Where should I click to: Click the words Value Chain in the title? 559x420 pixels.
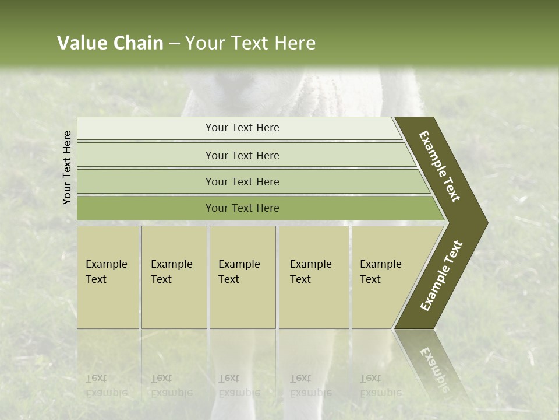click(110, 43)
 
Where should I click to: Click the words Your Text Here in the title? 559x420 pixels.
click(250, 43)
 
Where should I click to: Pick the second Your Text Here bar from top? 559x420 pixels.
click(242, 155)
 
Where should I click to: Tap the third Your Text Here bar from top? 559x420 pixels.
click(242, 181)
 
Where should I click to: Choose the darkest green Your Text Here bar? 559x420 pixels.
click(242, 208)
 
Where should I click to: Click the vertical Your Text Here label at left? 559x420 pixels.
click(67, 167)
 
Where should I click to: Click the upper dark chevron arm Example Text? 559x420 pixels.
click(440, 166)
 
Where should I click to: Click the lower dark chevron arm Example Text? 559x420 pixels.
click(441, 276)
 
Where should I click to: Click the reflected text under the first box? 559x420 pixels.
click(106, 386)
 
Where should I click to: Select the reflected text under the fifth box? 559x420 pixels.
click(380, 386)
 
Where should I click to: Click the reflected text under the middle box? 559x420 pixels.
click(239, 386)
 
